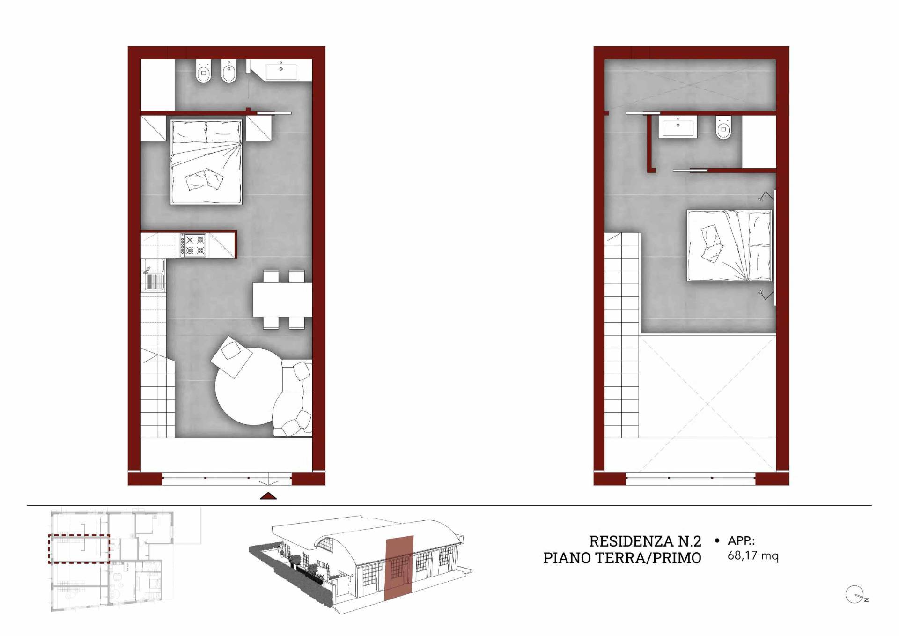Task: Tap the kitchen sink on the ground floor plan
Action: (x=154, y=276)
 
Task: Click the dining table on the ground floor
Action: (x=282, y=299)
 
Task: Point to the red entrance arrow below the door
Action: (x=268, y=496)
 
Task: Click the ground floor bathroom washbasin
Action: (x=281, y=72)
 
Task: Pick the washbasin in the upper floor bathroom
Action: (x=678, y=127)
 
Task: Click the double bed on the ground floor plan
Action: (x=206, y=162)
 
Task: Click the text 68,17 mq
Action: (x=753, y=556)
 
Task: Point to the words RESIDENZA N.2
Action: (x=645, y=541)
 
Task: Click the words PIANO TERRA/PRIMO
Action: (x=622, y=558)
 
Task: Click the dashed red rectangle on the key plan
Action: (x=79, y=548)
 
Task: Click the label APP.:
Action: (x=741, y=541)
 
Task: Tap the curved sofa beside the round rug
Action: (x=293, y=398)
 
